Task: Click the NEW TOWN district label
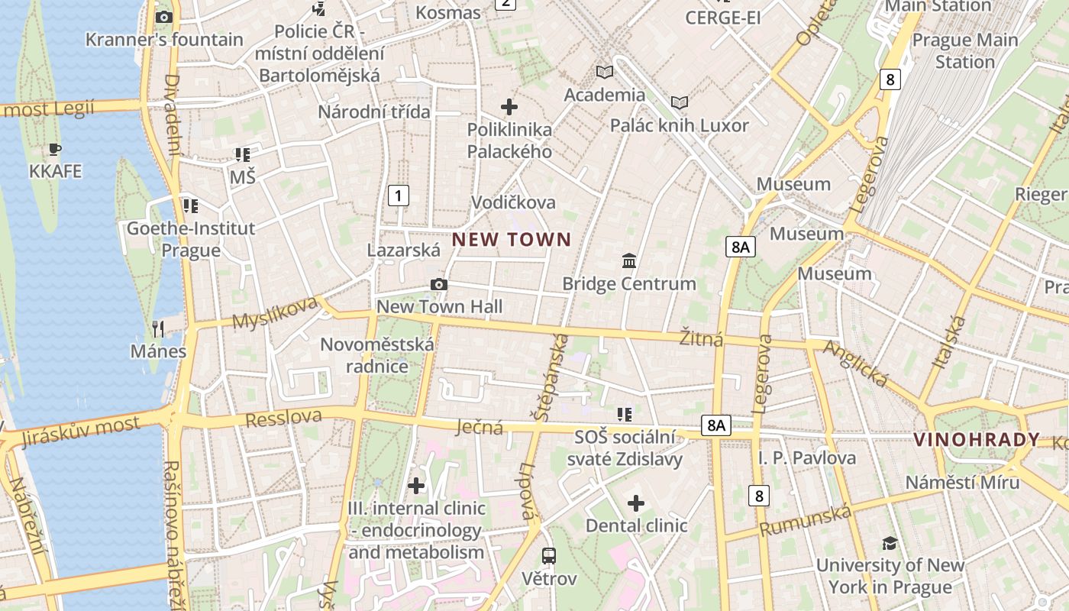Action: pos(512,240)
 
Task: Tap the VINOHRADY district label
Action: pos(977,440)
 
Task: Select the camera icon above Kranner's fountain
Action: pos(163,17)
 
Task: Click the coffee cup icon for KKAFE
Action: pos(54,150)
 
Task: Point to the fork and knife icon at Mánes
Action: pos(158,329)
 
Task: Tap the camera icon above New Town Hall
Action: pos(438,285)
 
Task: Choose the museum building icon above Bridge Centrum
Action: pos(629,261)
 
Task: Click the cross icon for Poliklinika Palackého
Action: pos(509,107)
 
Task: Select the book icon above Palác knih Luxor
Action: pos(679,102)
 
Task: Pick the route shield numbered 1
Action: pos(398,196)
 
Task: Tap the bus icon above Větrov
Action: pos(549,556)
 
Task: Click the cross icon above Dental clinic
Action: pos(635,503)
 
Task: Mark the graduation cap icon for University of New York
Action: pos(890,543)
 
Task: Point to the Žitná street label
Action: pos(701,337)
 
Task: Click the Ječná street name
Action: pos(480,426)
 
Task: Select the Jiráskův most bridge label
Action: pos(81,431)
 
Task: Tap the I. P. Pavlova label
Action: pos(807,458)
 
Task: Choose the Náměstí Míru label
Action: pos(962,483)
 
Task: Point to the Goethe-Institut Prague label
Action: pos(191,239)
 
